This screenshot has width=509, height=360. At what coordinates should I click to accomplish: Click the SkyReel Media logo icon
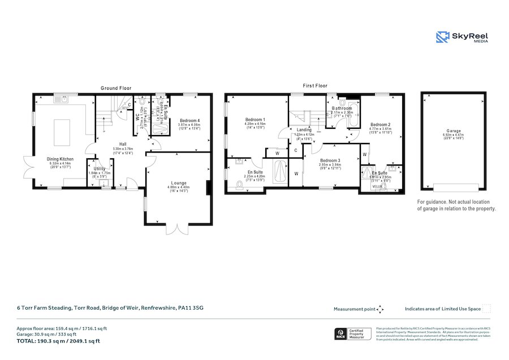click(x=443, y=37)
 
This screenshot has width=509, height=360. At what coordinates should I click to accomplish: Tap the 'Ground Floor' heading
click(x=116, y=88)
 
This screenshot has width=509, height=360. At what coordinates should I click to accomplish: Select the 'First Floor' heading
click(x=315, y=86)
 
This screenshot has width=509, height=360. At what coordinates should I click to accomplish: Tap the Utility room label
click(x=101, y=168)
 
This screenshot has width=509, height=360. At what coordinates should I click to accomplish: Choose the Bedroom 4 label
click(x=189, y=120)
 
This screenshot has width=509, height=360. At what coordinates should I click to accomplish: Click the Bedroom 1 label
click(x=255, y=119)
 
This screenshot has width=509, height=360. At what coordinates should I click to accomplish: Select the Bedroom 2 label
click(x=381, y=124)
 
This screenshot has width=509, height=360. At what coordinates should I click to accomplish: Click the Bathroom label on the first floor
click(x=342, y=108)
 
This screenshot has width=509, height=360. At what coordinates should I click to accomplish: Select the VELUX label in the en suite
click(x=377, y=185)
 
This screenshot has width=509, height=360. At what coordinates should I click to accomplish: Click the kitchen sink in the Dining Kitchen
click(x=61, y=99)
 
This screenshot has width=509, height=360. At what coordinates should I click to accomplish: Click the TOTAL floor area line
click(x=58, y=341)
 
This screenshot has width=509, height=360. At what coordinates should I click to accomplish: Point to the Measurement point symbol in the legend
click(x=380, y=309)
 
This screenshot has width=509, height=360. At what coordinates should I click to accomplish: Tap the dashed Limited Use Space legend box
click(x=486, y=309)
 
